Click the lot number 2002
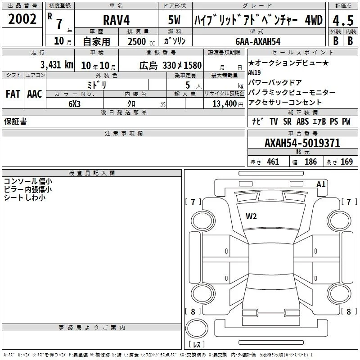tap(22, 19)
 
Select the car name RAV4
tap(116, 20)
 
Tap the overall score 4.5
tap(343, 21)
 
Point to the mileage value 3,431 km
tap(57, 65)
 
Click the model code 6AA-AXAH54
tap(258, 41)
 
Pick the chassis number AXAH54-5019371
tap(302, 143)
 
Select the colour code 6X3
tap(74, 104)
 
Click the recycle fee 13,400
tap(224, 104)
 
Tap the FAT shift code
tap(13, 94)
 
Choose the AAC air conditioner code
tap(35, 94)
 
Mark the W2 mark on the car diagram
tap(251, 216)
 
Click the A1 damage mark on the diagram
tap(321, 184)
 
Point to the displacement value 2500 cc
tap(141, 41)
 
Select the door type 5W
tap(174, 20)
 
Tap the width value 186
tap(310, 162)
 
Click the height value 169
tap(346, 162)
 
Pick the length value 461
tap(273, 162)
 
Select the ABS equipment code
tap(302, 121)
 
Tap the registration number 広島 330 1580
tap(171, 66)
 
